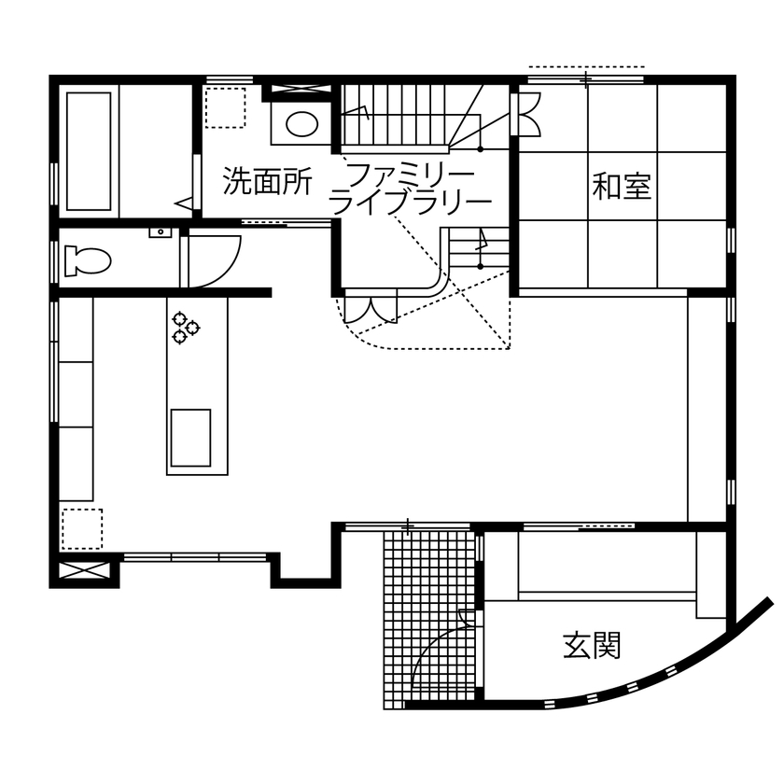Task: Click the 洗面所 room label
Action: click(x=267, y=182)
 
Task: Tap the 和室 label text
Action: click(x=621, y=187)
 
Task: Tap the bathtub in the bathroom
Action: click(x=90, y=150)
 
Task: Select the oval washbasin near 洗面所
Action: click(x=301, y=124)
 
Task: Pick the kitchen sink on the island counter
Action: click(x=189, y=437)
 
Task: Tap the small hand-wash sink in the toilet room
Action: click(x=160, y=231)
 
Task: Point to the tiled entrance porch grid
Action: click(x=429, y=616)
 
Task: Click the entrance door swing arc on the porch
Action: click(x=439, y=653)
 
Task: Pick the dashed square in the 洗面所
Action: click(x=225, y=107)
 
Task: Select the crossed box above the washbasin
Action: click(x=298, y=91)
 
